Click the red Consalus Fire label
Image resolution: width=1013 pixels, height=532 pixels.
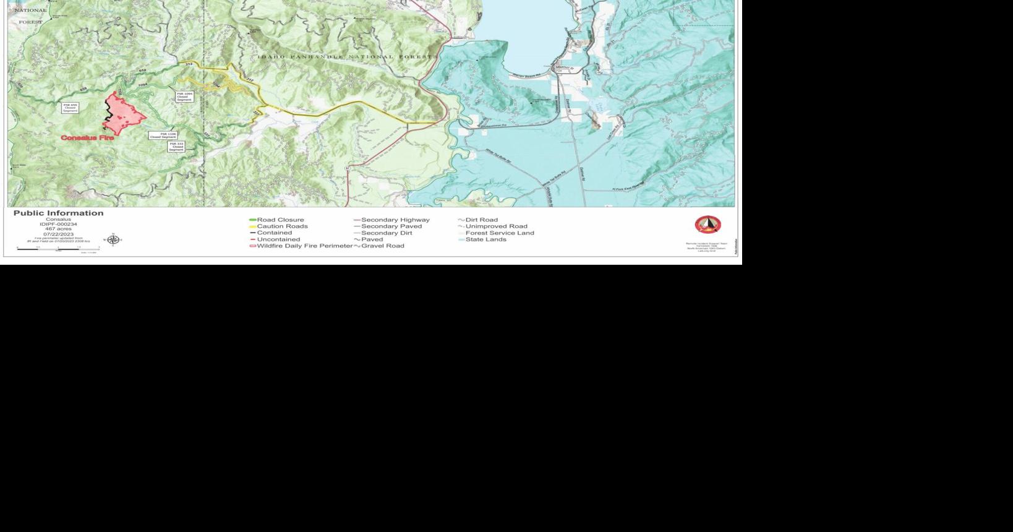[87, 137]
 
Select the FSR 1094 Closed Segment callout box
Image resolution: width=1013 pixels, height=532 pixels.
[184, 97]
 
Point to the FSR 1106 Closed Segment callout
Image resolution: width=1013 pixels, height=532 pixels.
[163, 135]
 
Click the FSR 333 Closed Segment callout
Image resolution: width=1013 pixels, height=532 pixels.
[177, 147]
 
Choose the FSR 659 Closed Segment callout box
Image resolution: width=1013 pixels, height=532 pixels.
[70, 108]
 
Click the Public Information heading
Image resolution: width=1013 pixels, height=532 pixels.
[58, 213]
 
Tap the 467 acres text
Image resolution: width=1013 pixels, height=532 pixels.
[58, 229]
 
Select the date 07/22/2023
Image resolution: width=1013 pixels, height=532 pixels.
[58, 234]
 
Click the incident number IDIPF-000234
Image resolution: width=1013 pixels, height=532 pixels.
[58, 224]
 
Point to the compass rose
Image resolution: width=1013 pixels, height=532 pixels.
[113, 240]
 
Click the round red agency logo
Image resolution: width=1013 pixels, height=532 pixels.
[707, 225]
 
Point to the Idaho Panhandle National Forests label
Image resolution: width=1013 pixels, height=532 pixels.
[347, 57]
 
